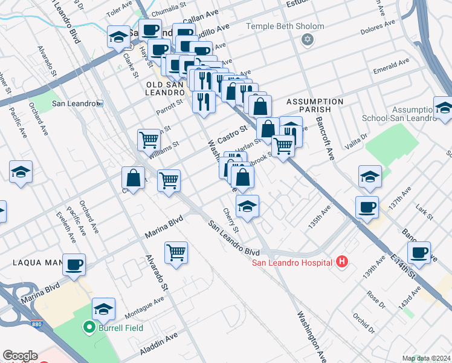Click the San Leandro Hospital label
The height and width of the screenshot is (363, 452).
(x=292, y=263)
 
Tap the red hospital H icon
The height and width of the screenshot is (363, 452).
(x=342, y=262)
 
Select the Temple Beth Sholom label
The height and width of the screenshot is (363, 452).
(x=285, y=27)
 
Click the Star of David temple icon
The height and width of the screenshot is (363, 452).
(x=308, y=39)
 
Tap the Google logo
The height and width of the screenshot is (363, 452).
(x=20, y=356)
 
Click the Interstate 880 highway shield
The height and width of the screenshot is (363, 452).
(x=37, y=324)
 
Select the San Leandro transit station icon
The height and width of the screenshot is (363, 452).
(x=100, y=103)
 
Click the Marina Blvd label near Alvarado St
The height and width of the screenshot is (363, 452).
(x=163, y=224)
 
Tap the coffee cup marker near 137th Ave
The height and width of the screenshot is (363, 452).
(x=367, y=207)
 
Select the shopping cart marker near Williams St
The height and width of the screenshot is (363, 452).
(x=149, y=140)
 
